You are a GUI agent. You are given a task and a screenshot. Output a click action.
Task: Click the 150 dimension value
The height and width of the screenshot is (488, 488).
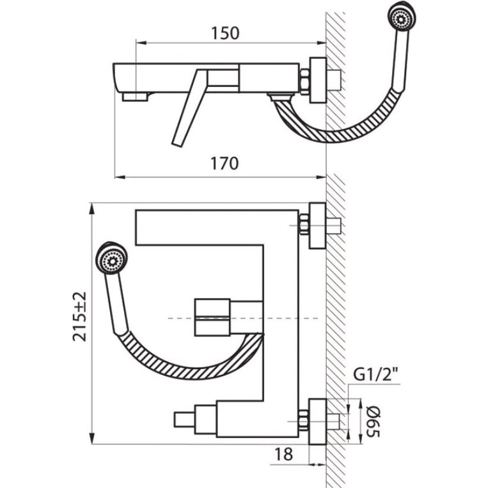[x=225, y=33]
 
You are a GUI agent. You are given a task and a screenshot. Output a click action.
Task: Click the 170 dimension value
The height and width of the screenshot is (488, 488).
[x=224, y=163]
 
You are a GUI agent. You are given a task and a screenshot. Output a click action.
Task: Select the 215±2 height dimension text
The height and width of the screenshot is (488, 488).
[x=80, y=316]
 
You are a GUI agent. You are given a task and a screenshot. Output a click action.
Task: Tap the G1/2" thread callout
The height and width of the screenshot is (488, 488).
[x=376, y=374]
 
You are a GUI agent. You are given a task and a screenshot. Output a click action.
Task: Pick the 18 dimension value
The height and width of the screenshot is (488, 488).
[x=283, y=454]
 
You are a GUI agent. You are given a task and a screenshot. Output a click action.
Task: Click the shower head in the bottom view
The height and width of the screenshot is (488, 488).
[x=111, y=258]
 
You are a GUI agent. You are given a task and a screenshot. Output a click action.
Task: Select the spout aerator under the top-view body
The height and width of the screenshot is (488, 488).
[x=135, y=97]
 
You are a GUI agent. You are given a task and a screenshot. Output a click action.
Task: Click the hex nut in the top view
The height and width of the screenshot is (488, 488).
[x=304, y=81]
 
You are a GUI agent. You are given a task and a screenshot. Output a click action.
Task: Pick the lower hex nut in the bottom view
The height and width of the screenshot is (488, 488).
[x=303, y=421]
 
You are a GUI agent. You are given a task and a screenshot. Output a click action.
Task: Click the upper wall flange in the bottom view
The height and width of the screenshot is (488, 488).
[x=317, y=226]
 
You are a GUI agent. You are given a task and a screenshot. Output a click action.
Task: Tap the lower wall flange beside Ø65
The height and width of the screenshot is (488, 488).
[x=317, y=421]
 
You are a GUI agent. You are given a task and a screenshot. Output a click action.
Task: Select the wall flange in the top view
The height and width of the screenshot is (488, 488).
[x=318, y=81]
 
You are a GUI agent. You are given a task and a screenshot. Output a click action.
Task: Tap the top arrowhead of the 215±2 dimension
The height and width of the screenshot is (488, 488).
[x=92, y=209]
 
